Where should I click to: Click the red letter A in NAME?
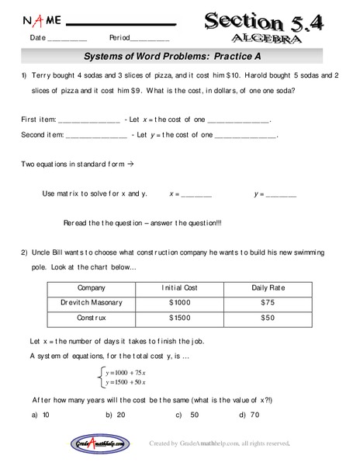pos(27,19)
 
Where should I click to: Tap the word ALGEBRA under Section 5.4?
pos(264,37)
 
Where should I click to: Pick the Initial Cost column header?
pos(179,287)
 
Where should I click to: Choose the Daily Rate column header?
pos(268,287)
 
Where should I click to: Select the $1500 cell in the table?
pos(179,318)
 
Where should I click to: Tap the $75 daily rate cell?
pos(268,303)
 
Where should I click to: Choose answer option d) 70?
pos(249,415)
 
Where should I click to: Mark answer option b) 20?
pos(116,415)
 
